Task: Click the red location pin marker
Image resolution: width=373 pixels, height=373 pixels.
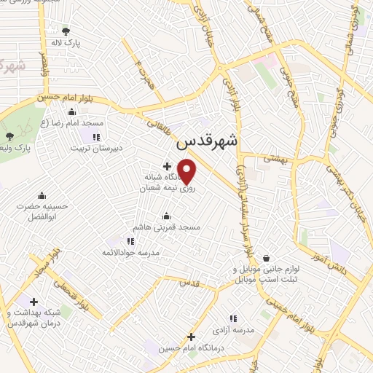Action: tap(187, 171)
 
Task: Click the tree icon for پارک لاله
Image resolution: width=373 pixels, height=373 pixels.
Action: tap(66, 31)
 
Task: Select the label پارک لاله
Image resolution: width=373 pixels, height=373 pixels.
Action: tap(66, 43)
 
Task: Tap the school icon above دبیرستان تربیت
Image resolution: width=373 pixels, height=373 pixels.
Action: tap(95, 136)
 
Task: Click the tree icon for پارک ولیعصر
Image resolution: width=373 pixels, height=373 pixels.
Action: tap(9, 136)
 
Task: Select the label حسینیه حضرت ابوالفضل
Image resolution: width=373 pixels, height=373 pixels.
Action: tap(42, 211)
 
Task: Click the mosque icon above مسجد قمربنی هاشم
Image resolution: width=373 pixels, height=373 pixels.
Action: tap(167, 216)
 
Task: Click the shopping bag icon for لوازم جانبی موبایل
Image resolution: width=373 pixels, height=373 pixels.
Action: tap(267, 257)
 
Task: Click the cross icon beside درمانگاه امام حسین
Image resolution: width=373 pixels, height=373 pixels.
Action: tap(191, 337)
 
